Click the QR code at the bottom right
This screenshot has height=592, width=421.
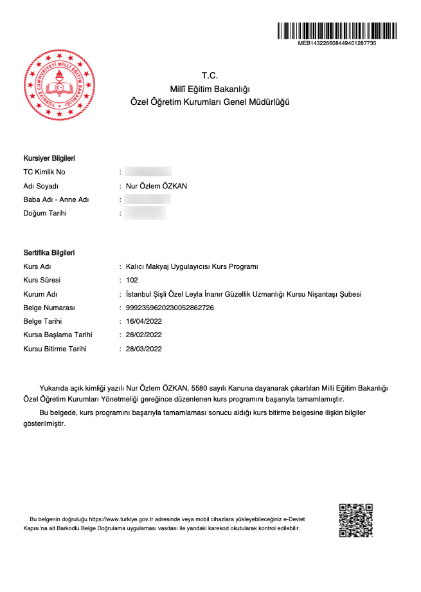(x=355, y=521)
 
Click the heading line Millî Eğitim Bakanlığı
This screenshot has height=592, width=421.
(x=210, y=89)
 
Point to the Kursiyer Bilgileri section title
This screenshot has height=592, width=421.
(x=49, y=158)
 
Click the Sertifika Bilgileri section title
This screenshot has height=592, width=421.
(x=49, y=252)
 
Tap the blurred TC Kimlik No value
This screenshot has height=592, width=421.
(x=148, y=172)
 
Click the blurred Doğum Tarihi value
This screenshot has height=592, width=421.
(x=145, y=213)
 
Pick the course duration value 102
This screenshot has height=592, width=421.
(x=132, y=280)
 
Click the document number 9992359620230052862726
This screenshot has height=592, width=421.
(x=170, y=308)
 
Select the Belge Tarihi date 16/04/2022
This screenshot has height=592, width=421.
(x=144, y=321)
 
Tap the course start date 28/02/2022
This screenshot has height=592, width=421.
(x=144, y=335)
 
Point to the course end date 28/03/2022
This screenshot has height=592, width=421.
(x=144, y=349)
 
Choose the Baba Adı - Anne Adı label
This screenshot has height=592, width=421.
(x=56, y=199)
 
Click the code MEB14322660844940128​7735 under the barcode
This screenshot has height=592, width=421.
(x=337, y=43)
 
